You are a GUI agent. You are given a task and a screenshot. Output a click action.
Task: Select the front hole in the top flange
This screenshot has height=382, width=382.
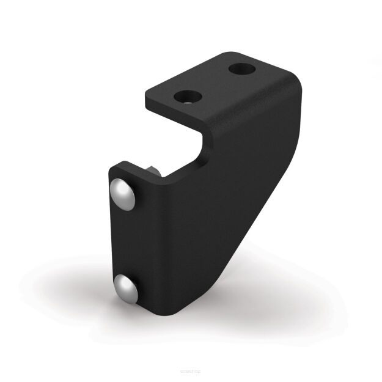pos(188,96)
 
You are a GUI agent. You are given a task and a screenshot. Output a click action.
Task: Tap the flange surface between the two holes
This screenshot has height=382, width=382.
pos(214,83)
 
